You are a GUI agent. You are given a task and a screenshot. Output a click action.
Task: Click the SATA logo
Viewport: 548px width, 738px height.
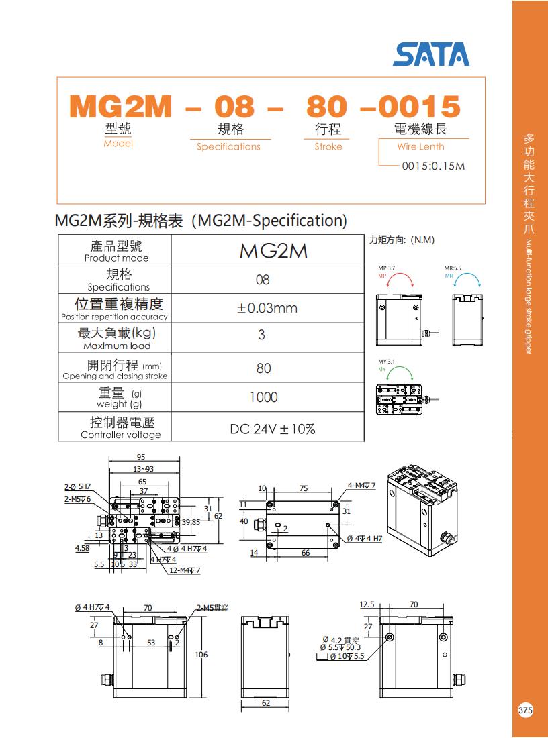pyautogui.click(x=431, y=54)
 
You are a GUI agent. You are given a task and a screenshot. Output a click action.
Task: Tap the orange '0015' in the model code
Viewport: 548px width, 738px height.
pyautogui.click(x=419, y=107)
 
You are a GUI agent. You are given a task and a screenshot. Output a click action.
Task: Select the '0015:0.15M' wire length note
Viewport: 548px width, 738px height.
pyautogui.click(x=433, y=166)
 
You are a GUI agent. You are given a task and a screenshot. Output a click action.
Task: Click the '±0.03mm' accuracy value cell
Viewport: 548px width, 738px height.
pyautogui.click(x=267, y=308)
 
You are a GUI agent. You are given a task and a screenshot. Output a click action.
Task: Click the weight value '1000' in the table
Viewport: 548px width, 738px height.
pyautogui.click(x=263, y=397)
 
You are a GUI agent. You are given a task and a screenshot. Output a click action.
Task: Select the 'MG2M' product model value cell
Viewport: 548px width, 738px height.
pyautogui.click(x=267, y=250)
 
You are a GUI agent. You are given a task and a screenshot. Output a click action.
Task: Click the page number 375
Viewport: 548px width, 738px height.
pyautogui.click(x=526, y=710)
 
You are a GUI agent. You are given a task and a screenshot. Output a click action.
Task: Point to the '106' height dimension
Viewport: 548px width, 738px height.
pyautogui.click(x=201, y=655)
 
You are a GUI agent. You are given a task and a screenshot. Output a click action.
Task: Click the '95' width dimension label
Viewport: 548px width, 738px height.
pyautogui.click(x=141, y=457)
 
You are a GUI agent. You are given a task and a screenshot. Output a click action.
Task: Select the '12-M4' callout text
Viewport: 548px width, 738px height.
pyautogui.click(x=185, y=570)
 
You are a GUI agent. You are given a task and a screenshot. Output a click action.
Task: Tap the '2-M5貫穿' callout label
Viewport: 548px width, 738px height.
pyautogui.click(x=213, y=608)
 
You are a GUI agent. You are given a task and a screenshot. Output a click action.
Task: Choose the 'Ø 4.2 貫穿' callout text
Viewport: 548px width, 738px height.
pyautogui.click(x=341, y=640)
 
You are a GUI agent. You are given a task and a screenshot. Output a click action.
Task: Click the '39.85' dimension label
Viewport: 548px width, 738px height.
pyautogui.click(x=191, y=522)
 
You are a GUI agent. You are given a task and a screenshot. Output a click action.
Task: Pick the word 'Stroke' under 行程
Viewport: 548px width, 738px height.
pyautogui.click(x=328, y=147)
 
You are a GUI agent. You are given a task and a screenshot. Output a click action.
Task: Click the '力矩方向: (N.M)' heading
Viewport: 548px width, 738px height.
pyautogui.click(x=402, y=240)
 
